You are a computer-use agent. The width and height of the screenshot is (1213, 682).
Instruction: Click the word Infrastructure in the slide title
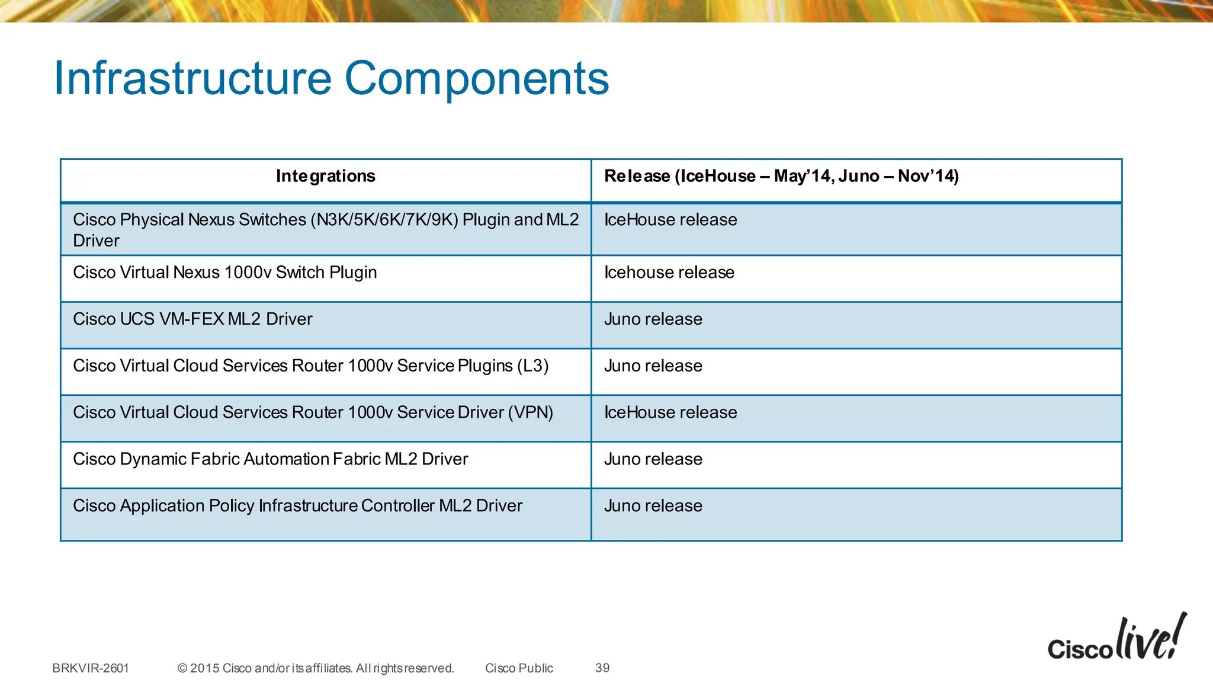(x=192, y=78)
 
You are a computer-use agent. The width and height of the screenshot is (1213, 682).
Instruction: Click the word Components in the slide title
(x=477, y=78)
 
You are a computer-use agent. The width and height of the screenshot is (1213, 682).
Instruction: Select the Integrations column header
(x=325, y=176)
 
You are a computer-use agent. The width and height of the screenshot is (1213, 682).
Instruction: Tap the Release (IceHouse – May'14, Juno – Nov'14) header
(x=781, y=176)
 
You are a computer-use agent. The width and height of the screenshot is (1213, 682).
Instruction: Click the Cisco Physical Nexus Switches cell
(x=325, y=230)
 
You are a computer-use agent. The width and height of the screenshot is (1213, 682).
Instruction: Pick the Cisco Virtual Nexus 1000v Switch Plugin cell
(x=225, y=273)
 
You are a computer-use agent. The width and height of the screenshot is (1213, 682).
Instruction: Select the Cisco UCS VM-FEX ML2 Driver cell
(x=192, y=319)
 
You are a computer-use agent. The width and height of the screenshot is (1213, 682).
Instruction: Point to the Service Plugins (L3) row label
(x=310, y=366)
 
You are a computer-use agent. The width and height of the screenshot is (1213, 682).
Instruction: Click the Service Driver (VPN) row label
(x=313, y=413)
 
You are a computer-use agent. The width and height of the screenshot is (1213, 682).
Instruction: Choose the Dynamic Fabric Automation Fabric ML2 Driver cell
(x=271, y=459)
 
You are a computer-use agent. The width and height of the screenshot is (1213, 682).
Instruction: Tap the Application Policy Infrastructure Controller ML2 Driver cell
(x=297, y=506)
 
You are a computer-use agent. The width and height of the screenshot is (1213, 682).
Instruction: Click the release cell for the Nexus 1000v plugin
(x=669, y=273)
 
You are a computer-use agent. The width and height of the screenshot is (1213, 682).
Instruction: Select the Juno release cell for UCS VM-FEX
(x=653, y=319)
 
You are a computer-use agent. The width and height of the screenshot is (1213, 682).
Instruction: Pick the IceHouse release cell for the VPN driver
(x=670, y=413)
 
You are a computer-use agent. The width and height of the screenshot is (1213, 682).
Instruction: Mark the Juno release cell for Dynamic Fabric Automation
(x=653, y=459)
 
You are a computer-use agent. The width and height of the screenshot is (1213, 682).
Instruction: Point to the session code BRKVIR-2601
(x=91, y=668)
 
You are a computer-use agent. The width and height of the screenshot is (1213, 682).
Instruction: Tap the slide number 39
(x=602, y=668)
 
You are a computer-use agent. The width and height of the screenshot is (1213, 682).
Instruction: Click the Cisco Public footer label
(x=519, y=668)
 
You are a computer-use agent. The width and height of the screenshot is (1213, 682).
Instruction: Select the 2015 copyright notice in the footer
(x=316, y=668)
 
